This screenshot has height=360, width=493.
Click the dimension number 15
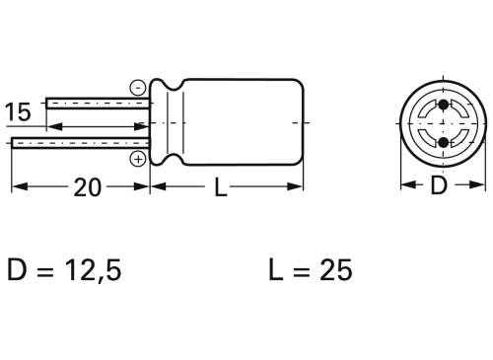point(18,111)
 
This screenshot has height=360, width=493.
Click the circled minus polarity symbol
point(137,87)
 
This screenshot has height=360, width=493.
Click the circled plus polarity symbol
point(138,158)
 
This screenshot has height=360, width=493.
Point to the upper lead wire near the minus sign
point(99,103)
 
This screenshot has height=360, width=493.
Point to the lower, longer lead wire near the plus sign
point(79,144)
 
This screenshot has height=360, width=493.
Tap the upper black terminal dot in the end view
point(443,106)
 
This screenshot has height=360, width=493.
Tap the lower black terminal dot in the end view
point(443,143)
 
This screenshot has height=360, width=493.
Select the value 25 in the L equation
point(330,269)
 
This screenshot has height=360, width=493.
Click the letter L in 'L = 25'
point(273,269)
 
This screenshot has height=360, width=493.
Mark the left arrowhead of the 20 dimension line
point(16,188)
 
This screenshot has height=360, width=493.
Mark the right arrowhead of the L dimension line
point(297,188)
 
